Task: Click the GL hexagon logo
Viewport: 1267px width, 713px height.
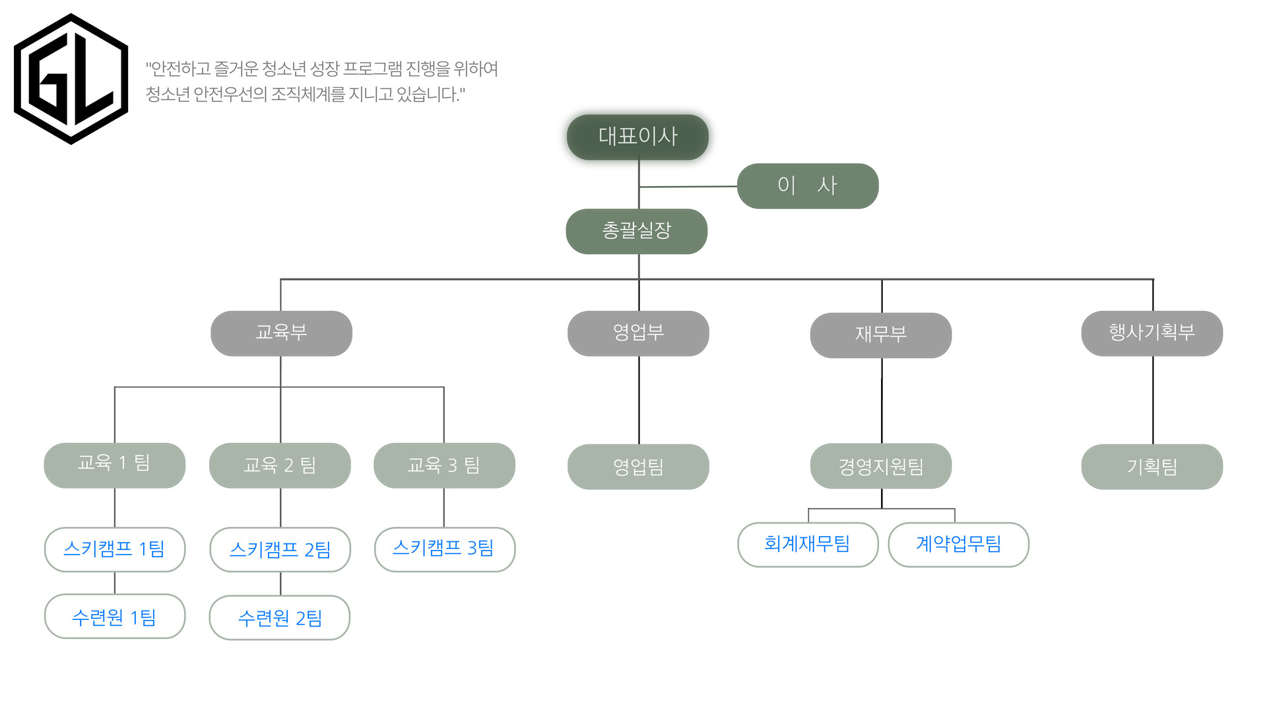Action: pos(71,79)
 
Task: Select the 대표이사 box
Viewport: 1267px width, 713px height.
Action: pos(637,137)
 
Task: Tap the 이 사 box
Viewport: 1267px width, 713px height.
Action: pos(807,186)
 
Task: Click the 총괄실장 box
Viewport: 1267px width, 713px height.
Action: pos(636,231)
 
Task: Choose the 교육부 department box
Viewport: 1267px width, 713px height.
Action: pos(281,333)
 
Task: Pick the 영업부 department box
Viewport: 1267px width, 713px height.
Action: pos(638,333)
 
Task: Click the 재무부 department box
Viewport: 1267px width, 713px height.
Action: pos(880,335)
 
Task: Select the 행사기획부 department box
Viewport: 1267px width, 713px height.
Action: pos(1152,333)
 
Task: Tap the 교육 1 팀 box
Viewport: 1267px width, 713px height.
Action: pos(114,465)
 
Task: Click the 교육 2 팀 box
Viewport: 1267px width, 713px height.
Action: pos(280,465)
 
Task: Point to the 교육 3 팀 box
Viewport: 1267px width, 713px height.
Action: pos(444,465)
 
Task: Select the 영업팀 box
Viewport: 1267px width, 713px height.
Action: pos(638,467)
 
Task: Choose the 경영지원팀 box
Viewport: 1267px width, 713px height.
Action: pos(880,466)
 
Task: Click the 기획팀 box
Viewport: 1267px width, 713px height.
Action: pos(1152,467)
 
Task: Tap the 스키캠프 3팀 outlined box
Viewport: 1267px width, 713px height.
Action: pos(444,549)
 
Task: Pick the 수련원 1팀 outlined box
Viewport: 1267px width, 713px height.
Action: pos(114,616)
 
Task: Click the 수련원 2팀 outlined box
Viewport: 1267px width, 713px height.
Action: pos(280,617)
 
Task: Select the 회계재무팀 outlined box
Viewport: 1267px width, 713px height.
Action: pos(807,544)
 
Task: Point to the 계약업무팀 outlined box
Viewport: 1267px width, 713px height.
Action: pos(958,544)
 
